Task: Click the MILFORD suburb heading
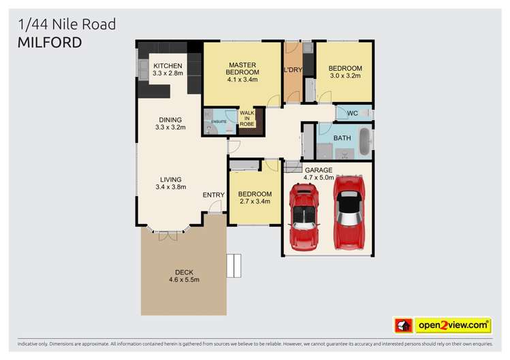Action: coord(50,42)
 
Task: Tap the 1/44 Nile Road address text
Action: coord(67,24)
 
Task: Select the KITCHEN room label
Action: coord(168,69)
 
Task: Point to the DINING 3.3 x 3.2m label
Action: coord(170,123)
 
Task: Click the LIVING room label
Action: coord(170,183)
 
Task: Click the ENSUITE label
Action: coord(219,122)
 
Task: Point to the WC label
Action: coord(352,113)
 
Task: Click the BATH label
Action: coord(342,137)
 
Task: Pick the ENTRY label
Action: coord(213,195)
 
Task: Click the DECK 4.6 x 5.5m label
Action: coord(184,275)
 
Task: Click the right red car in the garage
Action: coord(349,212)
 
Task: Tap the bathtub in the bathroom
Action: coord(366,141)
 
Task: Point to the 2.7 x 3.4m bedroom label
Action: coord(255,197)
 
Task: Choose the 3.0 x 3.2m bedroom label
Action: coord(345,72)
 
